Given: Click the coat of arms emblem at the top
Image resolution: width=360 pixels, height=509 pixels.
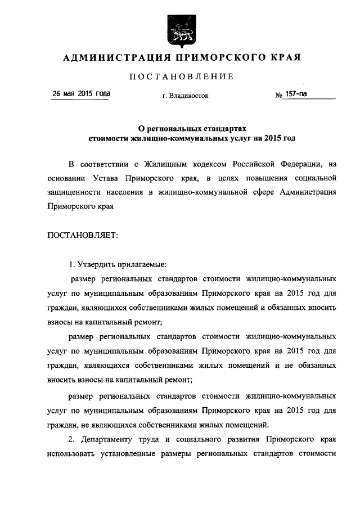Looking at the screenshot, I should [x=181, y=31].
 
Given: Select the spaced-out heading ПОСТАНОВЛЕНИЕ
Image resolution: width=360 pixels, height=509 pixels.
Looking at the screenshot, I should [x=181, y=76].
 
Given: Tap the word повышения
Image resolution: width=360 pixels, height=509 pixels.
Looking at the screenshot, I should [x=261, y=178].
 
